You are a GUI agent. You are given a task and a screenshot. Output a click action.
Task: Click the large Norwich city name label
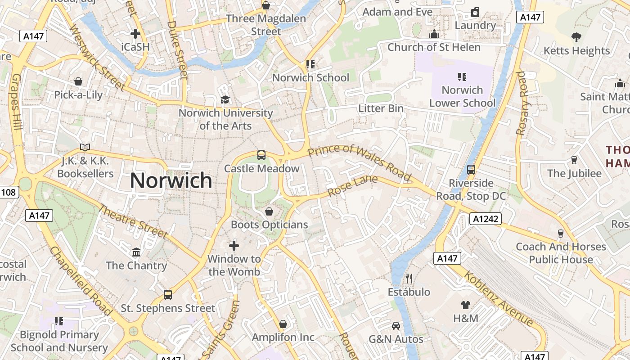(171, 180)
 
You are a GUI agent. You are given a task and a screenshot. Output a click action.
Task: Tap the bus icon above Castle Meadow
(261, 155)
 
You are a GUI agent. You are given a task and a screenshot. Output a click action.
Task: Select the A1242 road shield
(485, 219)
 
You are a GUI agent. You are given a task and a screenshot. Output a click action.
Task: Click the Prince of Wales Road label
(360, 163)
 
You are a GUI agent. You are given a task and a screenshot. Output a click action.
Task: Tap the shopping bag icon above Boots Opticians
(269, 211)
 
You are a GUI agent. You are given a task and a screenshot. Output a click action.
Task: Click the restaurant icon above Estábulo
(409, 279)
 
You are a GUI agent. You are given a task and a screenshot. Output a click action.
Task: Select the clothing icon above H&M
(466, 305)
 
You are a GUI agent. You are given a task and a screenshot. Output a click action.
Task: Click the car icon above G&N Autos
(396, 325)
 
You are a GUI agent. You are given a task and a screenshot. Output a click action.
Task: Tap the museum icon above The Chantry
(136, 252)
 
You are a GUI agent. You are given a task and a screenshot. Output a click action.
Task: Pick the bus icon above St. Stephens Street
(168, 295)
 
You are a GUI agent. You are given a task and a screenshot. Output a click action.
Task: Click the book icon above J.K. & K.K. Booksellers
(85, 147)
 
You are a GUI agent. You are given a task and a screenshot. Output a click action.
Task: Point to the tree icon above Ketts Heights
(576, 37)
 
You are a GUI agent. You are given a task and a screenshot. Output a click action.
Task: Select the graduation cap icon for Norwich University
(225, 99)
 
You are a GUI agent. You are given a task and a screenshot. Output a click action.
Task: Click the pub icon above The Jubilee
(574, 160)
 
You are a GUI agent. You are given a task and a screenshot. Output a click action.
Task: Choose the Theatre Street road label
(133, 221)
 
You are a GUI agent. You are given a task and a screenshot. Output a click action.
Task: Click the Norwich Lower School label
(462, 96)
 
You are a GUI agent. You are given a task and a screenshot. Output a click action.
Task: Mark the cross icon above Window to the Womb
(234, 245)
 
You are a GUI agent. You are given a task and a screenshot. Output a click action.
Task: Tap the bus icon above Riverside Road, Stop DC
(471, 170)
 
